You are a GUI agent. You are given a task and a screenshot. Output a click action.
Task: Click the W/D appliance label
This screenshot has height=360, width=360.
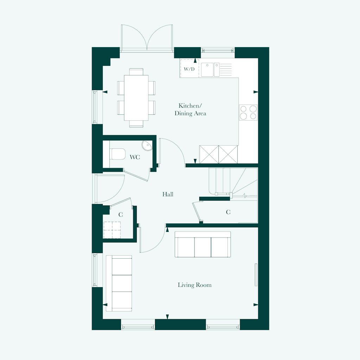[189, 69]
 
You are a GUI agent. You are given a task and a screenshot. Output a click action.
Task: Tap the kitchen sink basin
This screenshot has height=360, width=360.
[207, 69]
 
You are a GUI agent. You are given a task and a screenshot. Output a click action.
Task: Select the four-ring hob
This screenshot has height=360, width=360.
[248, 113]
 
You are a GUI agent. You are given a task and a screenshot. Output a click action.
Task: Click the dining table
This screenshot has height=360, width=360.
[136, 98]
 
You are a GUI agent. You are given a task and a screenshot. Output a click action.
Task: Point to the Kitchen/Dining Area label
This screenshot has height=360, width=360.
[190, 109]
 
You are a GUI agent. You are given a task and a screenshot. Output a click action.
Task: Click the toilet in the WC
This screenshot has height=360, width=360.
[118, 154]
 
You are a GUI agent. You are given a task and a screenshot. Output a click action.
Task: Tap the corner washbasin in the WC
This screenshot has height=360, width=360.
[147, 145]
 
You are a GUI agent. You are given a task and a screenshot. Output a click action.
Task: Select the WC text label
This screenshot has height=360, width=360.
[135, 157]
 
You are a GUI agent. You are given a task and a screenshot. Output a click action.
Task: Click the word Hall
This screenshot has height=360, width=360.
[168, 194]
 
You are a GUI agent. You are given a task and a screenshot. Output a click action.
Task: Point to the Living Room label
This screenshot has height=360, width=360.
[194, 285]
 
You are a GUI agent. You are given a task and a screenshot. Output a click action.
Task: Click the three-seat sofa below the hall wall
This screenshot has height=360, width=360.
[204, 245]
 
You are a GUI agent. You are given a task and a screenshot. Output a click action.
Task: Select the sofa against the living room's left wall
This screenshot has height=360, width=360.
[119, 283]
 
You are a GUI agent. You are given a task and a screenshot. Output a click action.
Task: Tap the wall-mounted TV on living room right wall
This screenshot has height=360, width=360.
[256, 275]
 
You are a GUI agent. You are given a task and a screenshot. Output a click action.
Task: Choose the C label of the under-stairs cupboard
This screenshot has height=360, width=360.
[228, 212]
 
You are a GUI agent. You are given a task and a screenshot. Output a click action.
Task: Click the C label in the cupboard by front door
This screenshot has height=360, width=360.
[121, 214]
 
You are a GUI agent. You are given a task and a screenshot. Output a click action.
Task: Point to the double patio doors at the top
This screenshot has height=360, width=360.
[147, 37]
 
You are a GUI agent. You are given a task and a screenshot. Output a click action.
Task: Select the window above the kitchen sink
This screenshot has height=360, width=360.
[218, 50]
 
